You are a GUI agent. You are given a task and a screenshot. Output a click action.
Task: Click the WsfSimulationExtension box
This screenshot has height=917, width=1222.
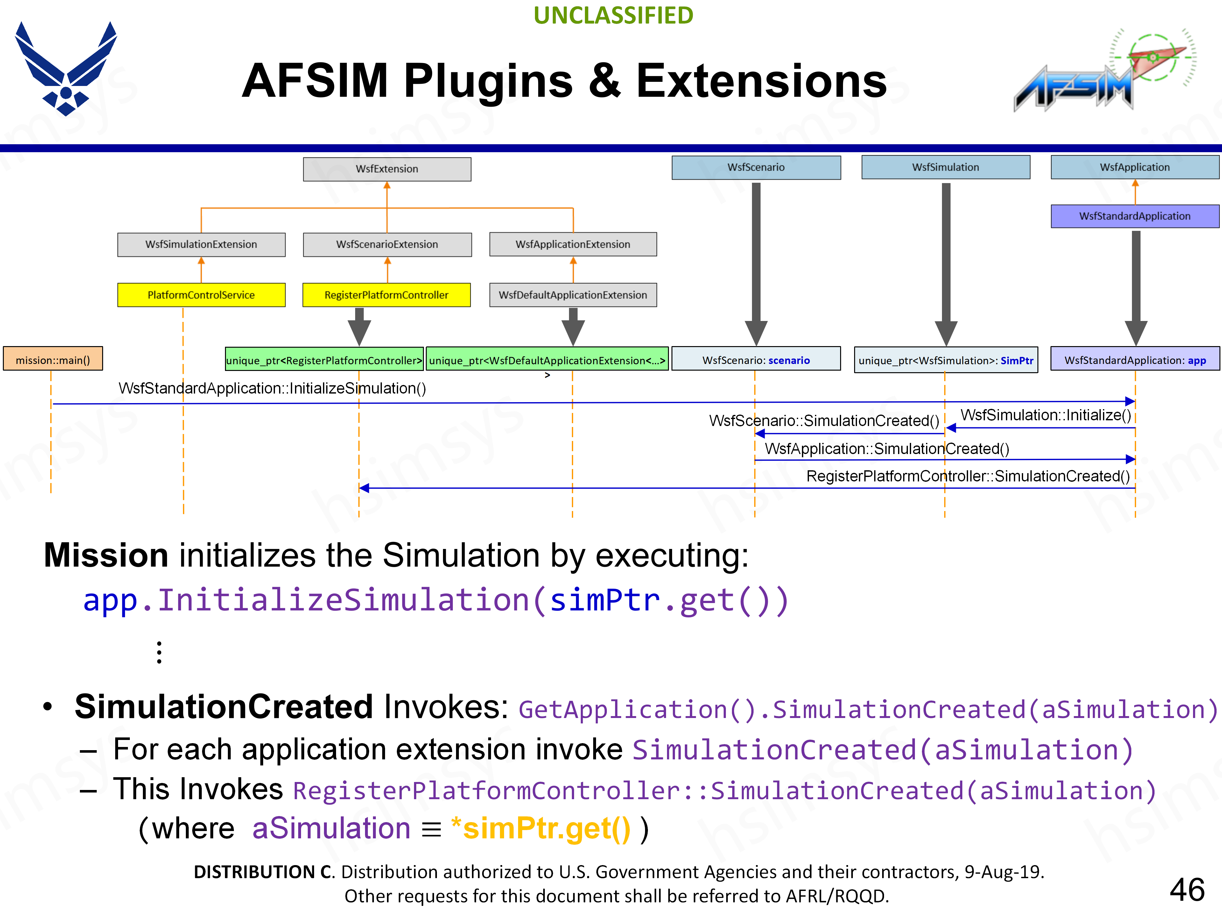(x=201, y=244)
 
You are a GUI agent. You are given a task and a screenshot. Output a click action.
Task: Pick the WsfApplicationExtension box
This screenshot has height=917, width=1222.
(x=573, y=244)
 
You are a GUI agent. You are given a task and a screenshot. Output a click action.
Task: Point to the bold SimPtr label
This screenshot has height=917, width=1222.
(x=1016, y=360)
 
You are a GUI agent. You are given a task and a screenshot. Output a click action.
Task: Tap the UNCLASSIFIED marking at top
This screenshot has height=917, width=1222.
(x=613, y=16)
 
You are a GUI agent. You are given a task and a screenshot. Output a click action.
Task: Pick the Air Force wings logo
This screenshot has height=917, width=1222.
(x=66, y=69)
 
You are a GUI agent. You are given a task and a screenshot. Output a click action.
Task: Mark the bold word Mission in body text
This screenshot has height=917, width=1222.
(x=106, y=555)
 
